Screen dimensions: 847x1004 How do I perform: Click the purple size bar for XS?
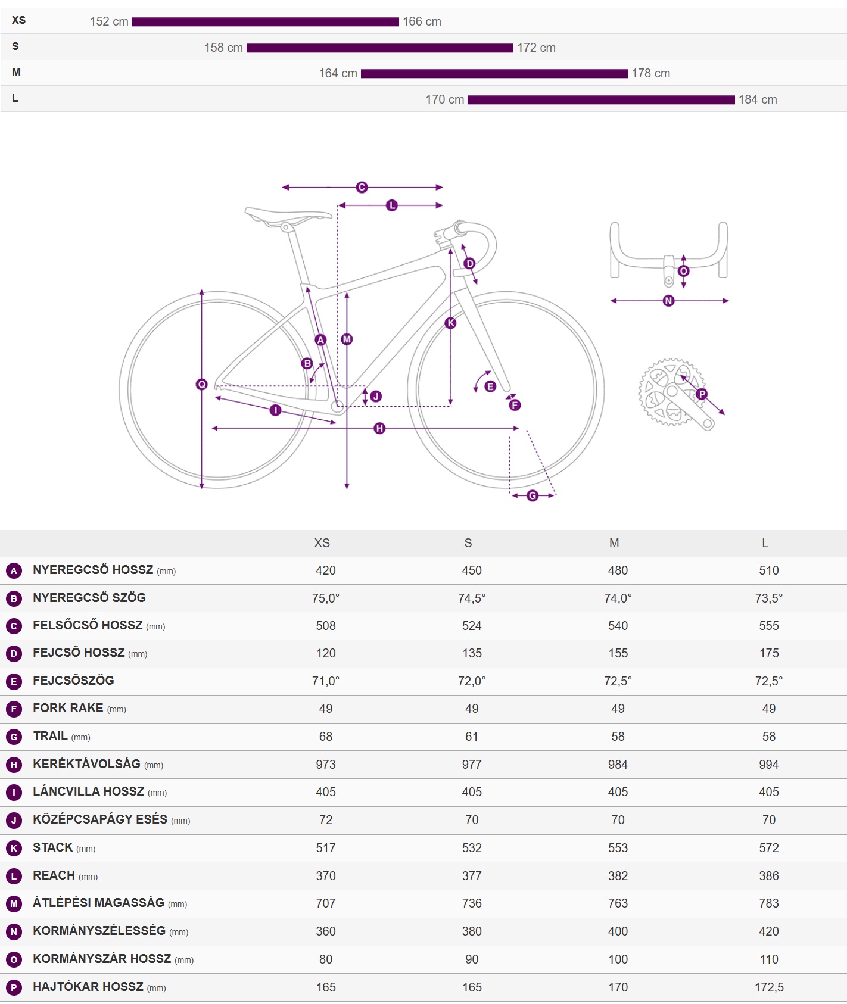point(265,22)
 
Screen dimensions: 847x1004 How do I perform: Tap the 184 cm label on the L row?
point(758,99)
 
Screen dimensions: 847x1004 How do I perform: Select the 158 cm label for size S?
point(223,48)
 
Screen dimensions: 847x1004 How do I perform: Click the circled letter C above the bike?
point(362,188)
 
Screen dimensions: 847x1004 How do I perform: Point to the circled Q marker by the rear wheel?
point(202,385)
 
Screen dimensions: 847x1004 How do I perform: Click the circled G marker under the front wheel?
point(533,495)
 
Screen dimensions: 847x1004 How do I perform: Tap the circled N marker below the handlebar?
point(668,301)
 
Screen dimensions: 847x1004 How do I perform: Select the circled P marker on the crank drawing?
point(702,394)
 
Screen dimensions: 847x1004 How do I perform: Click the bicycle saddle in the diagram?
point(288,215)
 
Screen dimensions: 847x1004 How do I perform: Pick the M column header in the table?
point(614,543)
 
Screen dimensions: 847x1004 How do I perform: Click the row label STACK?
point(53,847)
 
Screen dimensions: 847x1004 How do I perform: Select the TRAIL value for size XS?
point(326,737)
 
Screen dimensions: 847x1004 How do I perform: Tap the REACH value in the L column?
point(769,876)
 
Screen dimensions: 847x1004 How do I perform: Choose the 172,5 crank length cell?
point(769,987)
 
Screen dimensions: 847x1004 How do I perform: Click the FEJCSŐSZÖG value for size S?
point(472,681)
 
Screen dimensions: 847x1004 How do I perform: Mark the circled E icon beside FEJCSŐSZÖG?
point(14,681)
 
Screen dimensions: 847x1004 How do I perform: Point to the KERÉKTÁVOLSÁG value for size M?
point(618,765)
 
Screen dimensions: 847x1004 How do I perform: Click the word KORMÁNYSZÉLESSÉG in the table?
point(99,931)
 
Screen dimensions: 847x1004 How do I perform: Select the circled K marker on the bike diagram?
point(451,323)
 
